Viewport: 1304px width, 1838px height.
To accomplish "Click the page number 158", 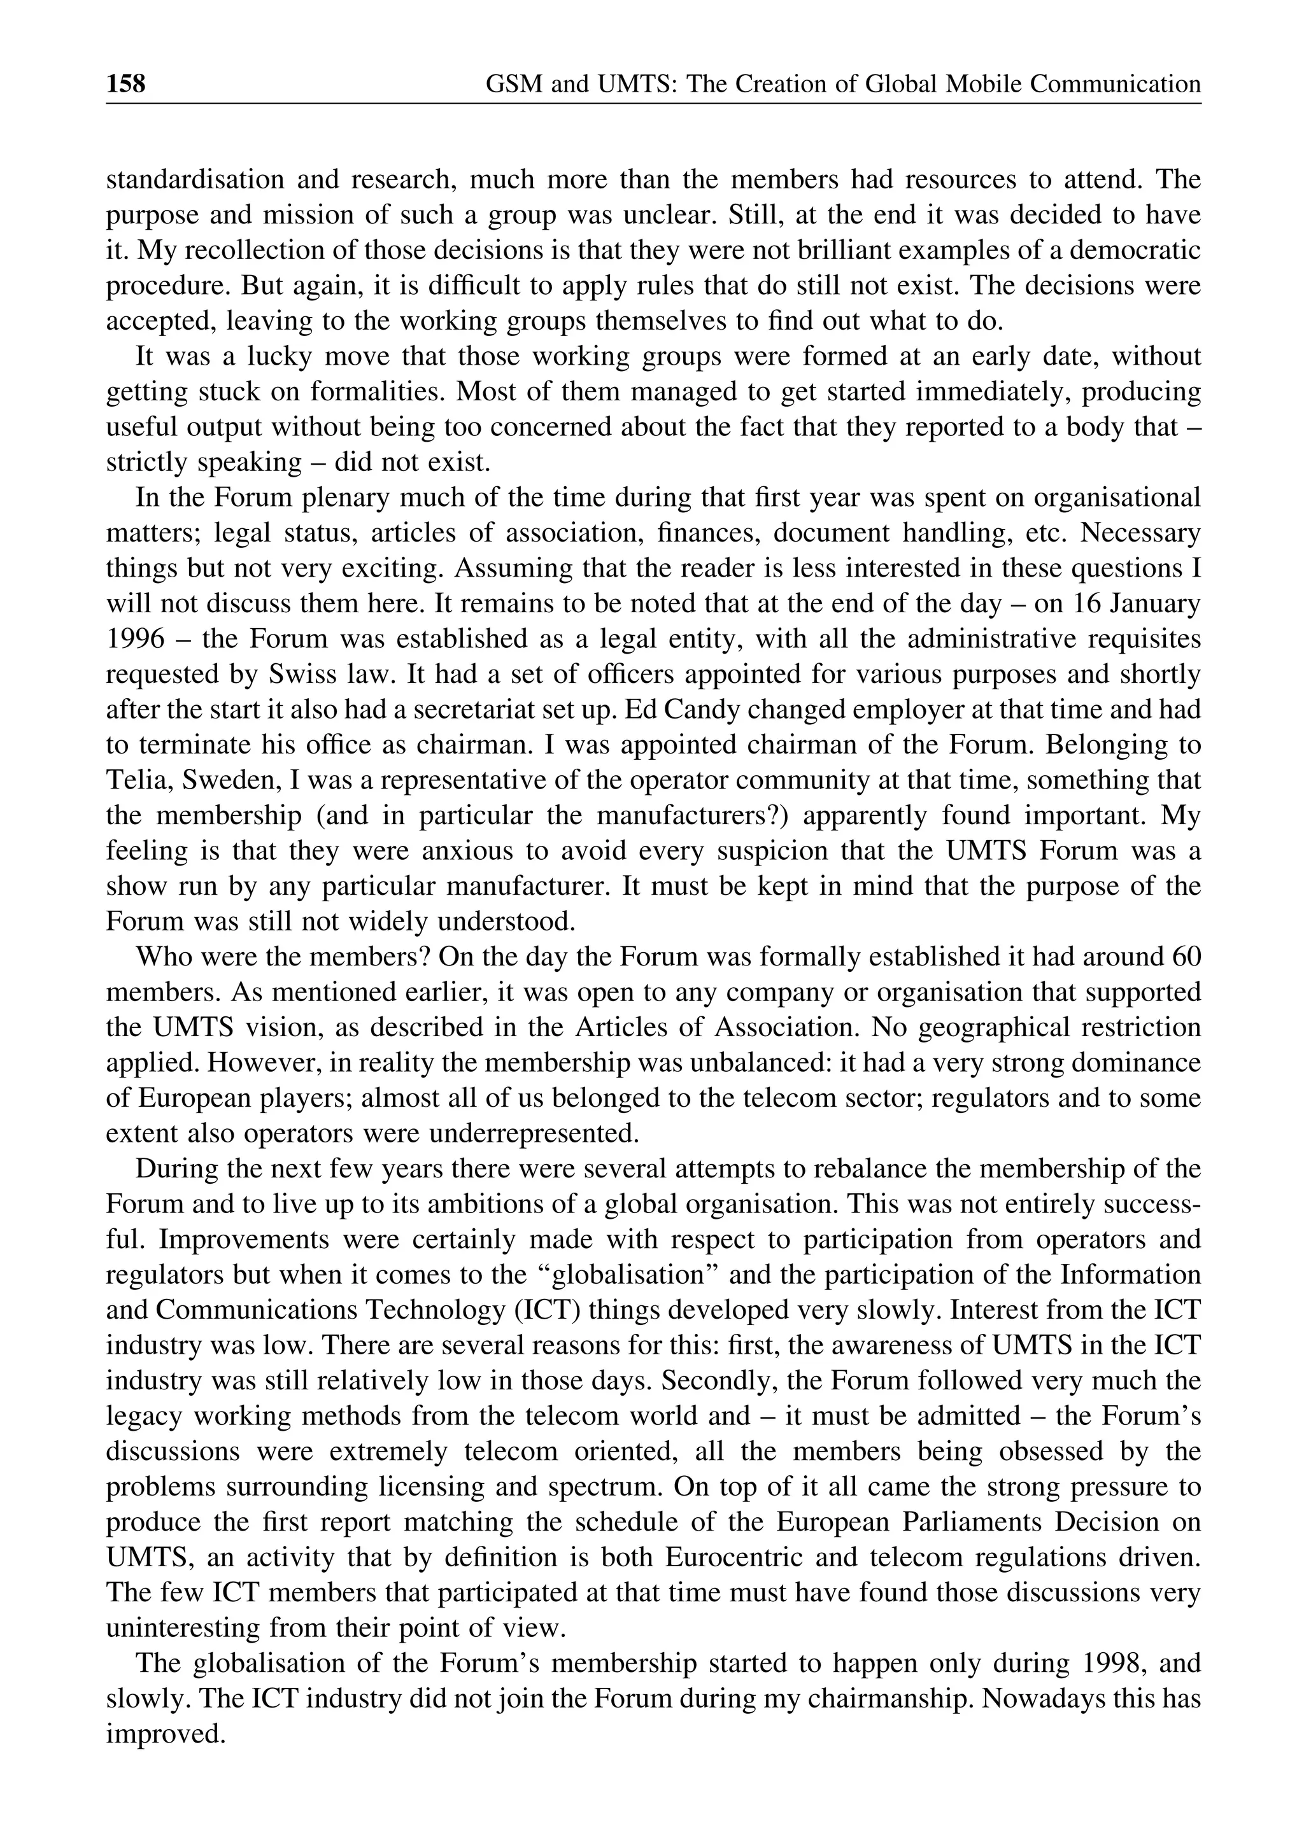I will [126, 83].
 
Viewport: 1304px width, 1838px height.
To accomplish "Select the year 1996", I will [135, 639].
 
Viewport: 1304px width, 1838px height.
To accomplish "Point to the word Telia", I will [135, 780].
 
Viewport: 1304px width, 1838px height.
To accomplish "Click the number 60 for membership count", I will [1186, 957].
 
